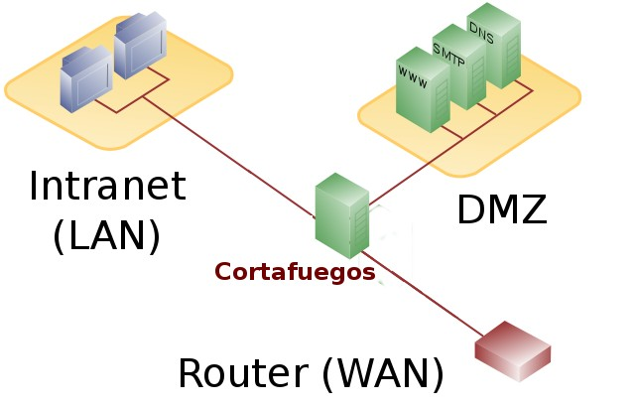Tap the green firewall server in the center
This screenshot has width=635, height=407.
coord(340,215)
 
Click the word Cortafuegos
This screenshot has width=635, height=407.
coord(295,271)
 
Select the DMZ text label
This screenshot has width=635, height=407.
coord(501,209)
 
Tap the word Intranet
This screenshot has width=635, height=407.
coord(107,187)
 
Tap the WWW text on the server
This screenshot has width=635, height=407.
coord(413,76)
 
